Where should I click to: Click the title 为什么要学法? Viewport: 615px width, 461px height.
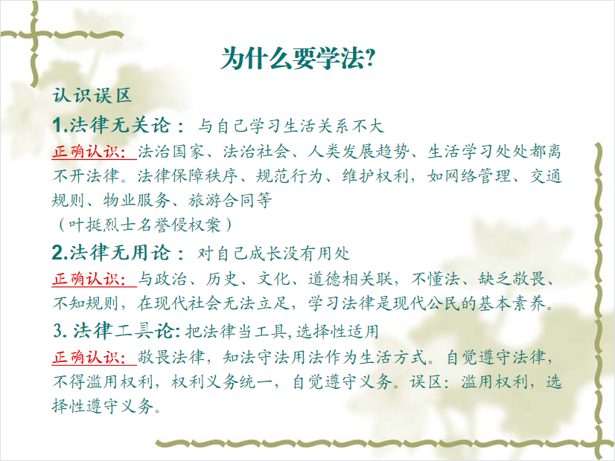click(299, 59)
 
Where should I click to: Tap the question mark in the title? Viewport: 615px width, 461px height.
click(370, 59)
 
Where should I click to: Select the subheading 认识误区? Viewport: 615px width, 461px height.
click(92, 95)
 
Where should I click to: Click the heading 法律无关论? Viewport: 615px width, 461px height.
click(121, 126)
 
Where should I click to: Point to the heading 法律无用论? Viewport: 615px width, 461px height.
click(121, 253)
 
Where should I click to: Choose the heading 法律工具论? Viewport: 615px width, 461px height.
click(124, 331)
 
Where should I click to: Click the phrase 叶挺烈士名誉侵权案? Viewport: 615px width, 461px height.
click(144, 225)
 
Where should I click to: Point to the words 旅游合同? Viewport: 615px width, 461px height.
click(222, 201)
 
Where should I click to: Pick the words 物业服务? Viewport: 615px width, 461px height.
click(136, 201)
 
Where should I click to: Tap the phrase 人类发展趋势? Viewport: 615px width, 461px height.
click(357, 151)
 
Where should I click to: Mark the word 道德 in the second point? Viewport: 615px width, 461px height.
click(325, 279)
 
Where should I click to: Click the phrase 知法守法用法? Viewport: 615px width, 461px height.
click(273, 357)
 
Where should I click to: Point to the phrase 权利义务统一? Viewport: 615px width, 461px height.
click(221, 381)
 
